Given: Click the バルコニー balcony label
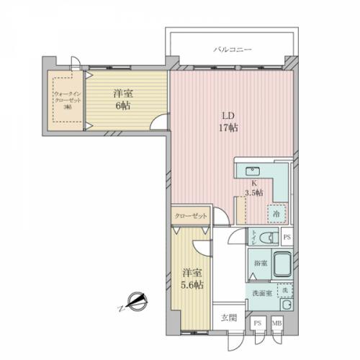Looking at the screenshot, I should click(232, 50).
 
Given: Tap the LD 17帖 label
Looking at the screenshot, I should click(228, 122).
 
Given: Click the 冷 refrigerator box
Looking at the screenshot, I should click(276, 214).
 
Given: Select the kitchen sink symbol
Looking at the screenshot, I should click(253, 171).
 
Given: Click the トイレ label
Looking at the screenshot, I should click(254, 237).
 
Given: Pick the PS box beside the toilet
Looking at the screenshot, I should click(287, 237).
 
